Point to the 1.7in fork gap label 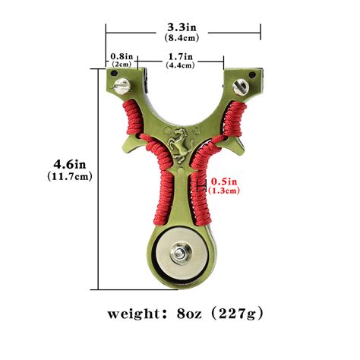[x=181, y=56]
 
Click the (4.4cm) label [x=181, y=65]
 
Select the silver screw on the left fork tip [x=119, y=89]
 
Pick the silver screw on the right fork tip [x=242, y=84]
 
